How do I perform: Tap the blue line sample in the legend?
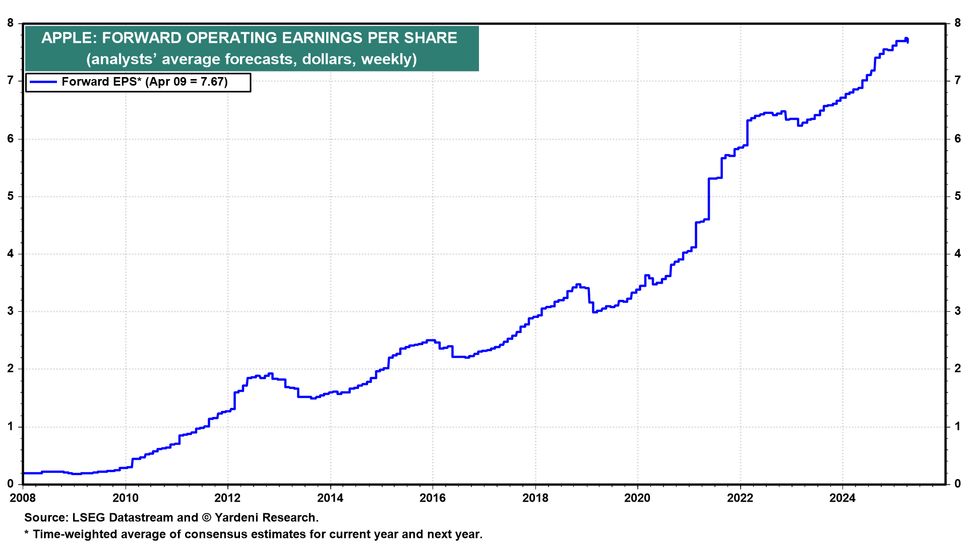click(43, 82)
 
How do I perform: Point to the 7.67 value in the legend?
click(212, 82)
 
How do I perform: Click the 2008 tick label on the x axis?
click(23, 498)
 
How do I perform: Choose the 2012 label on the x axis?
click(227, 498)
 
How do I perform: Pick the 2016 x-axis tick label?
click(433, 498)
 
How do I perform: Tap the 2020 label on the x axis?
click(637, 498)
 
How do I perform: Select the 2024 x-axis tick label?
click(842, 498)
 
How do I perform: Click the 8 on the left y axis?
click(11, 23)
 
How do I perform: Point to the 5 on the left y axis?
click(11, 196)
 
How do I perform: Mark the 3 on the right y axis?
click(957, 311)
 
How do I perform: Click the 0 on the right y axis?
click(957, 484)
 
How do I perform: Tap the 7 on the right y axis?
click(957, 81)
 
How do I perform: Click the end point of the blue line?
click(907, 42)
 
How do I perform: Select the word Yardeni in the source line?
click(236, 518)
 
